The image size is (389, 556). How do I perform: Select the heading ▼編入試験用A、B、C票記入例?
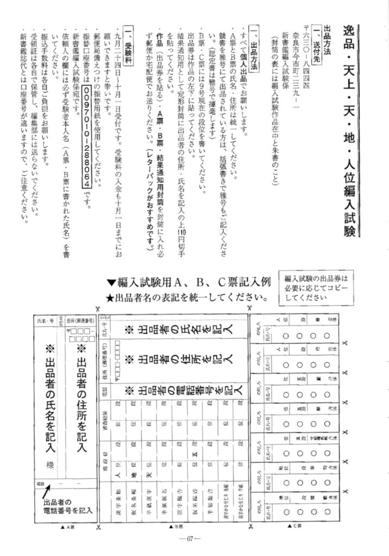tap(188, 283)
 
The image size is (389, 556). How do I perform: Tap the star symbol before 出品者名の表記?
tap(110, 298)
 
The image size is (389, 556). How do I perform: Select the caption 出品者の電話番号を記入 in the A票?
tap(68, 506)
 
